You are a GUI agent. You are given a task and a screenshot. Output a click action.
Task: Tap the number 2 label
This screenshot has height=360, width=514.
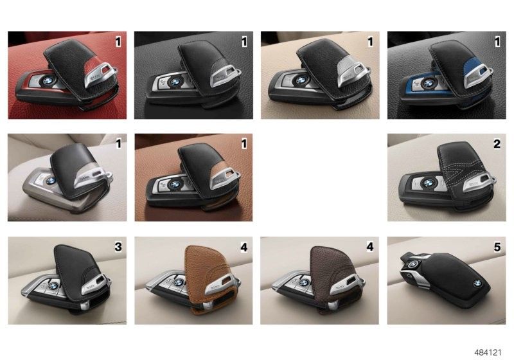(497, 144)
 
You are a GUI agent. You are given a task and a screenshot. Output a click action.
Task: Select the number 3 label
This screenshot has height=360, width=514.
(118, 247)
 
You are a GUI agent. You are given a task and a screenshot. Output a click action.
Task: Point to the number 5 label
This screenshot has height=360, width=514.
(497, 247)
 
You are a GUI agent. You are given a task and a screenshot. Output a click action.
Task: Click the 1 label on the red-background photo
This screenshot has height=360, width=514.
(118, 42)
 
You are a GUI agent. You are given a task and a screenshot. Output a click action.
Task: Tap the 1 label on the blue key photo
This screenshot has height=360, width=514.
(497, 42)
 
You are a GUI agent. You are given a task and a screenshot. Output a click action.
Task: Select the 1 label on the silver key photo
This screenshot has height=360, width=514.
(118, 144)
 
